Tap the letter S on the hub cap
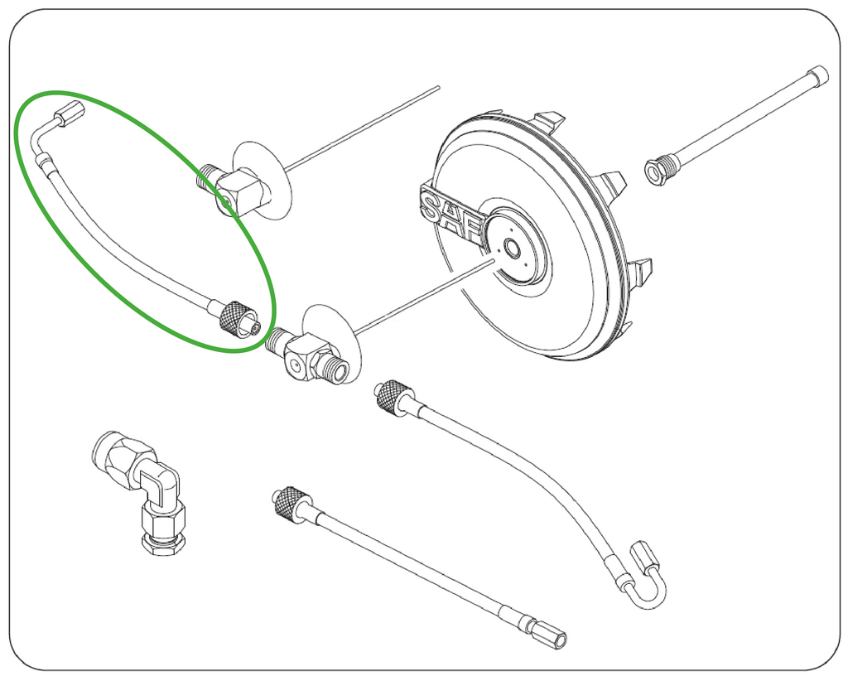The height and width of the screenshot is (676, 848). coord(431,207)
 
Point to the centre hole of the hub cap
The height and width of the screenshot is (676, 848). coord(510,249)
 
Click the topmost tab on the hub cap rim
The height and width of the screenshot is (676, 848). coord(549,120)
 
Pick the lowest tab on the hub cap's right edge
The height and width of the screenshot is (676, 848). coord(628,330)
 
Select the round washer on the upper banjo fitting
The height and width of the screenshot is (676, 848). coord(263,181)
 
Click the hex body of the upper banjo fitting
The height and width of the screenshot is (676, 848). coord(241,192)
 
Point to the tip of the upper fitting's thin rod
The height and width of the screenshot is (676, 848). coord(438,87)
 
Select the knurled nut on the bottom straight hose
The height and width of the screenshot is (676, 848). coord(291,503)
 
